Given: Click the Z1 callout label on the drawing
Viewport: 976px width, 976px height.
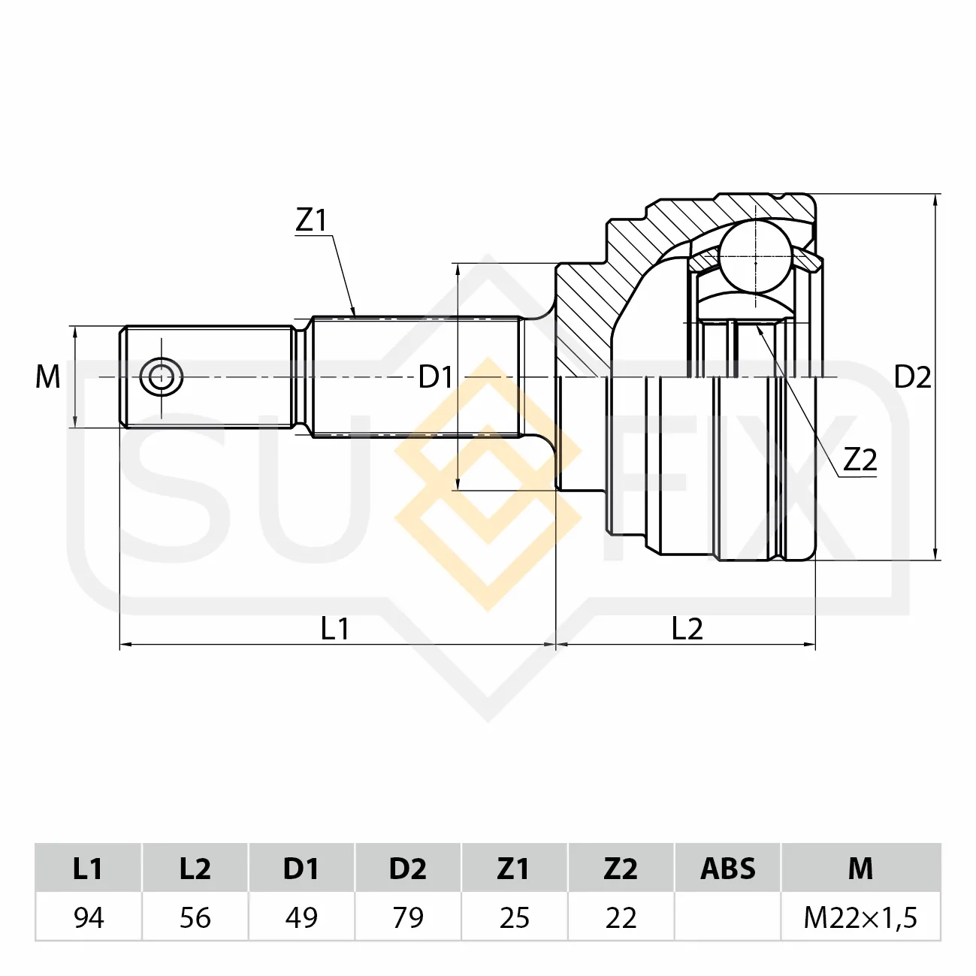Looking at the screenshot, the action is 312,220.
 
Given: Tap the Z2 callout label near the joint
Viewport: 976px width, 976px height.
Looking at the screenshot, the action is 860,460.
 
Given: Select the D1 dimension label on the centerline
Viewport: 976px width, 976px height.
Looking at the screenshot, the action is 435,377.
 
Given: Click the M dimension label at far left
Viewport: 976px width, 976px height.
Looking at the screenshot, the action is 47,377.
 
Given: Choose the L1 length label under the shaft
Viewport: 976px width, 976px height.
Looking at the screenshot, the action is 335,629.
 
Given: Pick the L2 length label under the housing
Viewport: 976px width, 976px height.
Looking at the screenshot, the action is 687,629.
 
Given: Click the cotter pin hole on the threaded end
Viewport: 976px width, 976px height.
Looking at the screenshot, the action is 162,377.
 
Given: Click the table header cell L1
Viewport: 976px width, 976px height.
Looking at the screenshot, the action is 88,868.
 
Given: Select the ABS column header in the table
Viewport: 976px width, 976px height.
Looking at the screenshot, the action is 728,868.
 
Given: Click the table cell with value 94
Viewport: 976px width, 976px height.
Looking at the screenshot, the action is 88,917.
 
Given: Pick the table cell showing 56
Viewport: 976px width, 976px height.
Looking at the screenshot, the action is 195,917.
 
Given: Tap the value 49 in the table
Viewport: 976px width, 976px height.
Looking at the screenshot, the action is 301,917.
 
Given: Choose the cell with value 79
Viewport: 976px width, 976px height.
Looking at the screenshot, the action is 408,917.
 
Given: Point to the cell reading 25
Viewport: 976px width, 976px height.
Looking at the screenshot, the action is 515,917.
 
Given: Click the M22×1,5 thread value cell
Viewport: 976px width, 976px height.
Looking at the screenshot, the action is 860,917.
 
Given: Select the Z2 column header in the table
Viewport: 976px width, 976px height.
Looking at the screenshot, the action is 621,868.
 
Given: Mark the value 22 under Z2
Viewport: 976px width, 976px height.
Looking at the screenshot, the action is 621,917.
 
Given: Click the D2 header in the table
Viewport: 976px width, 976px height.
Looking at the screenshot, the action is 408,868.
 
